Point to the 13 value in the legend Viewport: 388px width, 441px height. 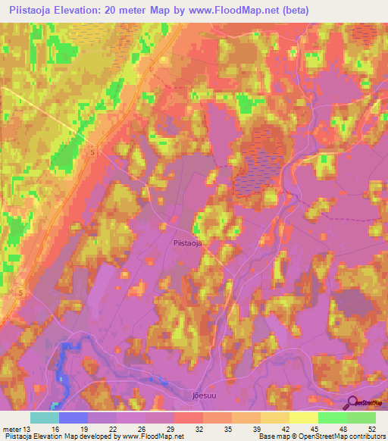click(x=28, y=428)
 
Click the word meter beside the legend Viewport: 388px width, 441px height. click(x=11, y=428)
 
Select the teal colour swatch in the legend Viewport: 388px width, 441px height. click(x=44, y=418)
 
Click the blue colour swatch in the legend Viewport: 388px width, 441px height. click(x=73, y=418)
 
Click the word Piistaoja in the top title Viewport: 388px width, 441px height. click(x=30, y=9)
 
